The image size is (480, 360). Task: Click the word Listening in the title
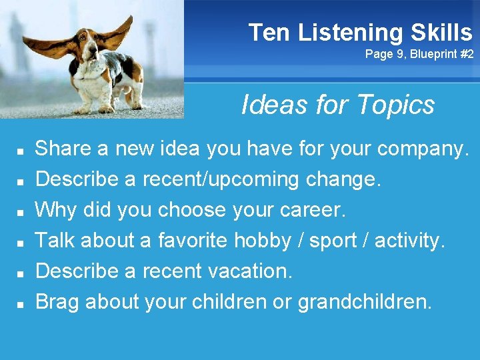point(350,32)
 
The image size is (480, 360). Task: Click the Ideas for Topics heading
point(337,105)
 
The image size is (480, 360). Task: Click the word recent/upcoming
point(231,179)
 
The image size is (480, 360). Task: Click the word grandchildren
point(365,302)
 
